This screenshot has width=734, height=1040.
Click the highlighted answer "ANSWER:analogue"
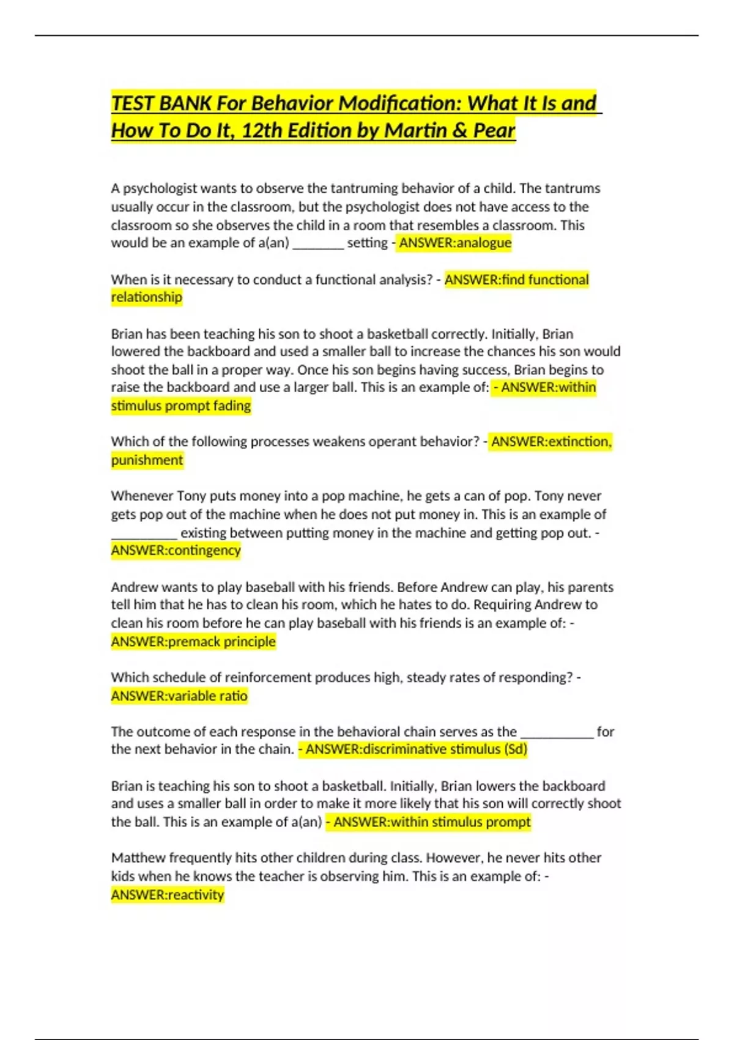[454, 243]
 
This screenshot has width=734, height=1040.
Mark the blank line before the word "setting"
[318, 245]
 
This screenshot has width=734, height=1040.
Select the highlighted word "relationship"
[147, 297]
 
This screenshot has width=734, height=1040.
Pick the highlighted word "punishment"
[147, 460]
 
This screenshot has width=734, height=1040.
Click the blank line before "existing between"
[144, 535]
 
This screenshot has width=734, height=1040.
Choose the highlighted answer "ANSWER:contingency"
[176, 551]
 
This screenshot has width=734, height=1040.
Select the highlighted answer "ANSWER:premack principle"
[193, 642]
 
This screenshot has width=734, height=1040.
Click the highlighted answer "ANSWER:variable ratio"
[179, 696]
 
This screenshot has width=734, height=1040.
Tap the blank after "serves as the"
[557, 734]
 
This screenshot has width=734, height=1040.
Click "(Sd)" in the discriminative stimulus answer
[516, 749]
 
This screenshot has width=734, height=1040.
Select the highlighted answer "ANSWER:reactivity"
[168, 895]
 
